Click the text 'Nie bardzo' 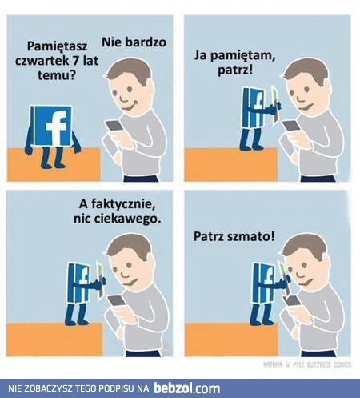[134, 41]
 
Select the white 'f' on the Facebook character [54, 126]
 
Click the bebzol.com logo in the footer [187, 388]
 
